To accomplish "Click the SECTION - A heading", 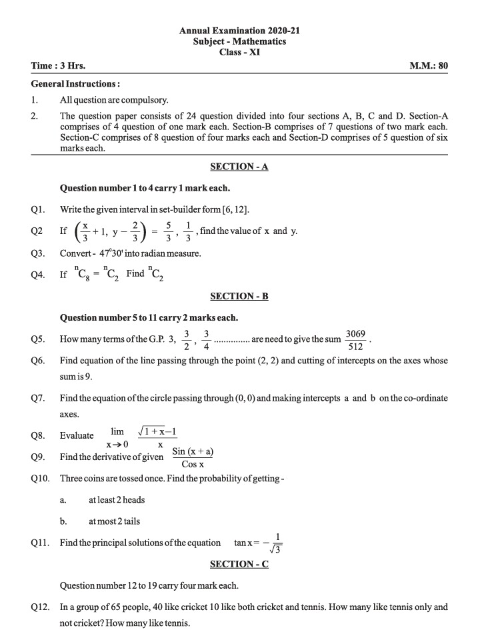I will pos(239,167).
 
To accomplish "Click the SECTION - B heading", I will pos(239,296).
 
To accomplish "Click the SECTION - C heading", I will pos(239,564).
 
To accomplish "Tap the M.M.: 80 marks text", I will pos(428,67).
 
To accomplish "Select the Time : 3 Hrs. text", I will pos(58,67).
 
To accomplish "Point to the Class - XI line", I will pos(239,52).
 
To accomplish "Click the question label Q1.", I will pos(38,210).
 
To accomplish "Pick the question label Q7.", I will pos(38,398).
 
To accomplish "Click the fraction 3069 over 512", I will pos(355,339).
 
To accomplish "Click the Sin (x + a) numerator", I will pos(193,451).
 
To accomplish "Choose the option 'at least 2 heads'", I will pos(117,499).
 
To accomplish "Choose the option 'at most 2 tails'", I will pos(114,521).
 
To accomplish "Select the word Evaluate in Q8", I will pos(77,435).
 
